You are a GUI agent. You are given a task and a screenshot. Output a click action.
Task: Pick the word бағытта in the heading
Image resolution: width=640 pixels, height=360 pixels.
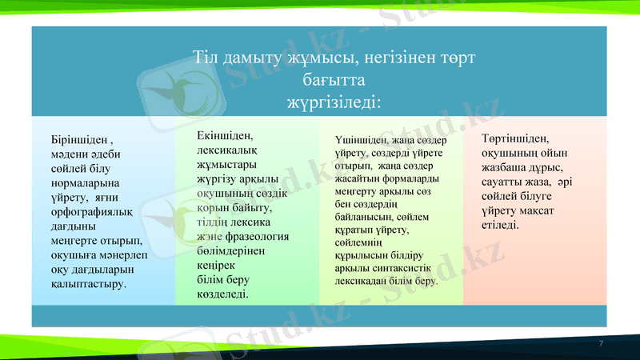point(334,80)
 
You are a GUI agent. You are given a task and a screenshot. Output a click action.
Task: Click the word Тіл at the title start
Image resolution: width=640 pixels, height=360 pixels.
point(206,58)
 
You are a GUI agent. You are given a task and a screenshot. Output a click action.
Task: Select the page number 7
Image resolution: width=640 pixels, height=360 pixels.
point(601,342)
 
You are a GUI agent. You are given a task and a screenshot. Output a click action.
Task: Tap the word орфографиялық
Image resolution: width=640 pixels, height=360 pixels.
point(90,212)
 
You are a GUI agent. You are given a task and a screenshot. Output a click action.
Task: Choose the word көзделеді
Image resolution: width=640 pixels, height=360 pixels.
point(222,294)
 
